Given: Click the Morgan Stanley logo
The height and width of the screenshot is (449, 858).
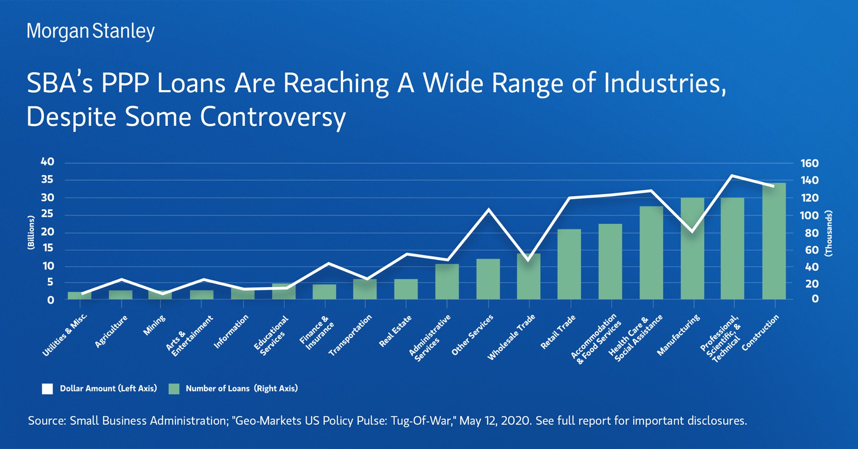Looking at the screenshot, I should (90, 31).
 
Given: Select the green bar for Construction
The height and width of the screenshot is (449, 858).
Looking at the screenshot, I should (774, 241).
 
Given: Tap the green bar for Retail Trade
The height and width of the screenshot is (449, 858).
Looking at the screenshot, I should (569, 264).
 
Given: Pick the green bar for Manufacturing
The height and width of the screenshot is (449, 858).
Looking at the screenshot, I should (692, 248).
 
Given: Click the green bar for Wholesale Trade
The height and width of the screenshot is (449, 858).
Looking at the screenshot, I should (528, 277).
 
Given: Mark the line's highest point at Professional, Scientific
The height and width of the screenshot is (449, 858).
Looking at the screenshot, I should (731, 175).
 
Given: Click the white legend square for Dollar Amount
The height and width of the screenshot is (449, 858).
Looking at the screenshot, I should (47, 389).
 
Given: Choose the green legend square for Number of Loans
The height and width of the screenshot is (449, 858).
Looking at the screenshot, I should (174, 389).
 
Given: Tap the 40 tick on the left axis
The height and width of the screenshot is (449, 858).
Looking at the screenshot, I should (47, 162).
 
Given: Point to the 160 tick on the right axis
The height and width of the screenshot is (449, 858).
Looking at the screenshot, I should (809, 163).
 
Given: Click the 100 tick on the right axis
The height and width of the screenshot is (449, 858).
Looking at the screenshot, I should (809, 215).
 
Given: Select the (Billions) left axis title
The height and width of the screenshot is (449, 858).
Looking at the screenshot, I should (31, 233).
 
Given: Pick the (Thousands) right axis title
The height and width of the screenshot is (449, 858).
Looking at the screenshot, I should (828, 233).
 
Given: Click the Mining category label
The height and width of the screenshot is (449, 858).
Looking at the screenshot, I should (154, 325).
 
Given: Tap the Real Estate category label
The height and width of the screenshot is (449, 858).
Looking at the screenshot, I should (395, 331).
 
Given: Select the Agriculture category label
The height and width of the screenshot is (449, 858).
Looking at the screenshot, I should (111, 331).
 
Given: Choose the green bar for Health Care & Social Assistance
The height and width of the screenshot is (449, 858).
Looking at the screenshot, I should (651, 252).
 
